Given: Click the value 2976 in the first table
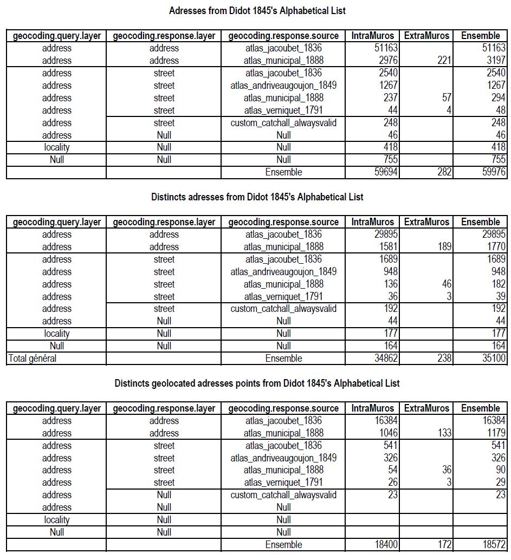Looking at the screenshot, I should point(386,61).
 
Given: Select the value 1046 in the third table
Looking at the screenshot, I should point(386,433).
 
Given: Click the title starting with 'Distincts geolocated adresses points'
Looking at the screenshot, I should point(257,383).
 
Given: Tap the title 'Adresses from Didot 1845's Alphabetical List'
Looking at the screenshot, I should point(257,11).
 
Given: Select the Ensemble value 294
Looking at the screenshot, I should point(497,98).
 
